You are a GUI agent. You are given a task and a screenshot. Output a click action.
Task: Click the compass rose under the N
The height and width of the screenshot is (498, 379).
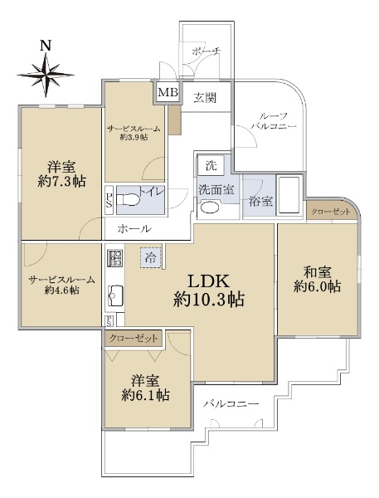tap(46, 76)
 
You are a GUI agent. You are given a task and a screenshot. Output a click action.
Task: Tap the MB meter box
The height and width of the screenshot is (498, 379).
tap(168, 92)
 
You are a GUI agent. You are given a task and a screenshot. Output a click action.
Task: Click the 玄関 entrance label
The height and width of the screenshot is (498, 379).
tap(206, 97)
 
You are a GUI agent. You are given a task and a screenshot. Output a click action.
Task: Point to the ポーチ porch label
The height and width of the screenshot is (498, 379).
tap(207, 51)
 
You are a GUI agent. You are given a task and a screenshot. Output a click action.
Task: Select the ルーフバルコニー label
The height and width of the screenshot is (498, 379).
tap(274, 121)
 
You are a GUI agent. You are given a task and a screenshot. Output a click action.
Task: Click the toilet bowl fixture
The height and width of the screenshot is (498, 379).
tap(129, 200)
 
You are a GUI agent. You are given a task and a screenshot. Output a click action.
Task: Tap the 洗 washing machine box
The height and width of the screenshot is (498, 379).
tap(211, 165)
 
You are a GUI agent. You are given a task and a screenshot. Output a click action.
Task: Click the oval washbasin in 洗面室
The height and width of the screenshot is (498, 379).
tap(211, 207)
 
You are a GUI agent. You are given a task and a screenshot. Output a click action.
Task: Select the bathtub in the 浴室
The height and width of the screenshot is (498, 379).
tap(289, 196)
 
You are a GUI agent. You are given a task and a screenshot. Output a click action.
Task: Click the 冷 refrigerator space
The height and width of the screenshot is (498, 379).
tap(151, 257)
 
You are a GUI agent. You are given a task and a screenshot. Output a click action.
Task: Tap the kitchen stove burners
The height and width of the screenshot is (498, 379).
tap(114, 257)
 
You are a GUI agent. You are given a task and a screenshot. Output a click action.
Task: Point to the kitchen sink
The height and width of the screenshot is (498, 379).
tap(115, 295)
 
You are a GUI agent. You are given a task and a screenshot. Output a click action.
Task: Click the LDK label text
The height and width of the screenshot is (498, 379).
tap(208, 281)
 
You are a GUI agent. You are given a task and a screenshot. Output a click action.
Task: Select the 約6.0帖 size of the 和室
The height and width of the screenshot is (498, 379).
tap(317, 287)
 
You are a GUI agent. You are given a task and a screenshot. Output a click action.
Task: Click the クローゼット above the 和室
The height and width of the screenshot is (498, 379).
tap(330, 212)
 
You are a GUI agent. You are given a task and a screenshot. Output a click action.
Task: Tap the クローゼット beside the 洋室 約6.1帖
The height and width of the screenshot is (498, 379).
tap(134, 339)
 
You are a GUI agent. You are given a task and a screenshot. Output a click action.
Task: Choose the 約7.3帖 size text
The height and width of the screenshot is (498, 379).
tap(61, 181)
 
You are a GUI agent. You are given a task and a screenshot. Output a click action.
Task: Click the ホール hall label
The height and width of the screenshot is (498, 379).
tap(134, 229)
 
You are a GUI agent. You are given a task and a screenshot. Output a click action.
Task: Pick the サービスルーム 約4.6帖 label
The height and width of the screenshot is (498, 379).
tap(61, 285)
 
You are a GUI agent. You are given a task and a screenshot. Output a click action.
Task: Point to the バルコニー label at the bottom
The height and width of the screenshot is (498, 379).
tap(231, 404)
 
